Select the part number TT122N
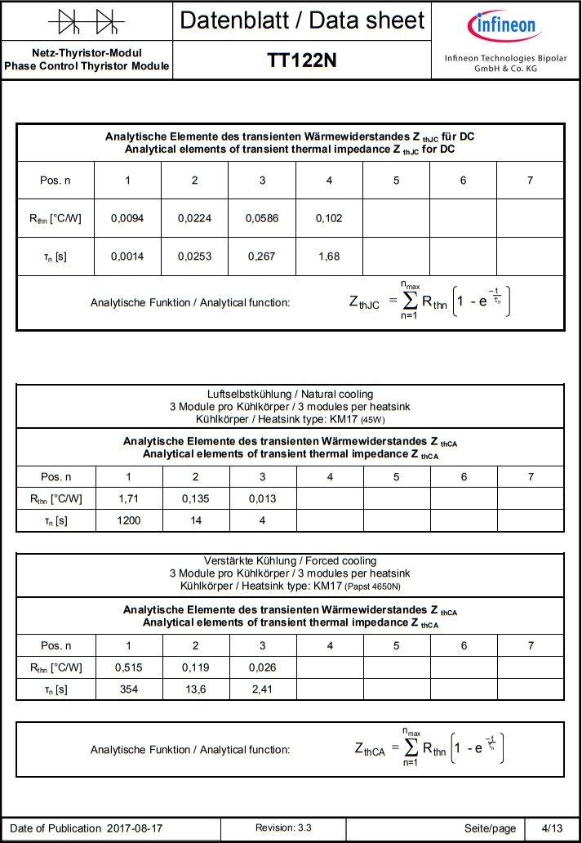point(302,60)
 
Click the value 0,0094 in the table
point(127,218)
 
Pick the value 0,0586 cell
point(262,218)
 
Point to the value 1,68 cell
point(329,256)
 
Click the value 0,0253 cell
point(194,256)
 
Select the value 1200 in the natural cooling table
point(128,520)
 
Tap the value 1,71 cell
point(128,498)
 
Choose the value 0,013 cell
point(263,498)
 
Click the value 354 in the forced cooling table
point(128,689)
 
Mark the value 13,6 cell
point(195,689)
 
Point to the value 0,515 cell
point(128,667)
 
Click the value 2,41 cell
point(263,689)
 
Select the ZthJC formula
point(433,302)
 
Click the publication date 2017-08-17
point(135,828)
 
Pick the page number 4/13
point(552,828)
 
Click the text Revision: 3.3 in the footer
point(283,828)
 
